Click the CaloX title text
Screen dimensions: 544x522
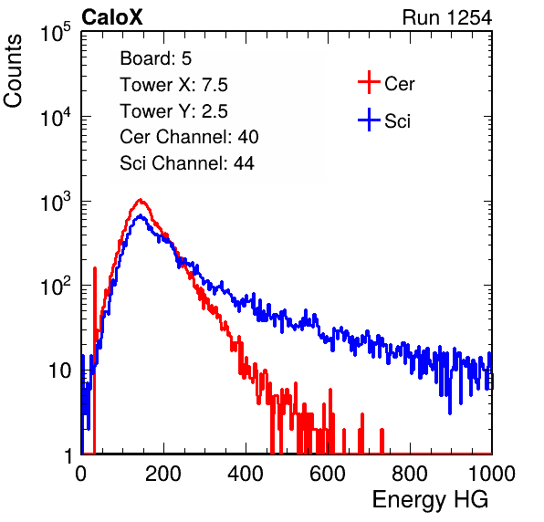click(x=112, y=17)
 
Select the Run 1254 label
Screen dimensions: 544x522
click(x=447, y=17)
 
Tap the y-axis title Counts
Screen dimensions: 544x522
click(x=13, y=71)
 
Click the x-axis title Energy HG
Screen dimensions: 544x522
click(x=430, y=500)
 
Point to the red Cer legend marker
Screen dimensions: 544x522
click(x=369, y=82)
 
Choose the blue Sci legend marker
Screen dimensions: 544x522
click(x=369, y=120)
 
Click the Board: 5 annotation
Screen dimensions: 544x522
click(x=156, y=58)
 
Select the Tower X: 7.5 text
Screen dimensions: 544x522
click(x=173, y=85)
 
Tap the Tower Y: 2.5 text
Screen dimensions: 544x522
click(x=173, y=111)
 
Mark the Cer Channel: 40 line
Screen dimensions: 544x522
click(x=189, y=137)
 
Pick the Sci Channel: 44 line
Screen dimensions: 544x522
click(x=187, y=163)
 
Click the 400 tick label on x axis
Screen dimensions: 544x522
click(x=246, y=474)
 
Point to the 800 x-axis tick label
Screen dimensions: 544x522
click(x=410, y=474)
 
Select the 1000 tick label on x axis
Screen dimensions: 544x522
click(x=492, y=474)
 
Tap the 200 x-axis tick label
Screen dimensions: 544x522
click(x=163, y=474)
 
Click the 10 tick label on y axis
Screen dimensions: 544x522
click(x=60, y=371)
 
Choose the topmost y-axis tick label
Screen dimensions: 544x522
click(x=56, y=33)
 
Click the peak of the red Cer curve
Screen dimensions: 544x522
click(x=140, y=200)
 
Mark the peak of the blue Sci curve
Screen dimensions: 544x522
click(x=140, y=215)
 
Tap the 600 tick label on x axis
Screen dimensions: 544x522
click(x=328, y=474)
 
